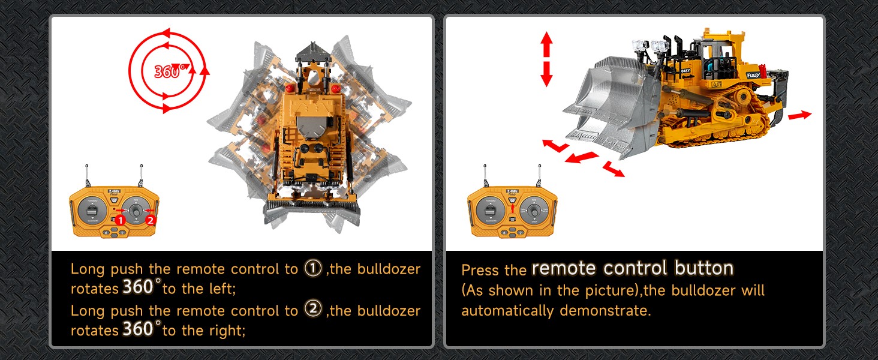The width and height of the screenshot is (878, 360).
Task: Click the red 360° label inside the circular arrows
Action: [172, 71]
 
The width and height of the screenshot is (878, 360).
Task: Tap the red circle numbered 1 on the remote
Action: [121, 220]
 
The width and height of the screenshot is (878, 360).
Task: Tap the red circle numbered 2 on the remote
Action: [151, 220]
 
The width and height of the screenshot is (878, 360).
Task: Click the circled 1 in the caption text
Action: [313, 268]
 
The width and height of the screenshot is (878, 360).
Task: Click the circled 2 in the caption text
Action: [313, 309]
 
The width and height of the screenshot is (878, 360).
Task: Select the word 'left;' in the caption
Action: [222, 289]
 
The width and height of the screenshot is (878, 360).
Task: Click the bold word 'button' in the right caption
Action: [703, 268]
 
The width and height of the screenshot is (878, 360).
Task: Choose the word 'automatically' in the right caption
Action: [507, 311]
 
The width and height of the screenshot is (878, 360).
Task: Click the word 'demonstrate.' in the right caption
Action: [605, 311]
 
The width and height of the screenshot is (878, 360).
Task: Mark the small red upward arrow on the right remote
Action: [512, 208]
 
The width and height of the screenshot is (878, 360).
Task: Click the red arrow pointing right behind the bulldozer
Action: [799, 115]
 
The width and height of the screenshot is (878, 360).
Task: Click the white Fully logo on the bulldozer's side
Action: [753, 75]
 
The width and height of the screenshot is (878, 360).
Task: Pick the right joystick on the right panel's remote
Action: [534, 211]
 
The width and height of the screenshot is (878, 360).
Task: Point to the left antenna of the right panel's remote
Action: [486, 175]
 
